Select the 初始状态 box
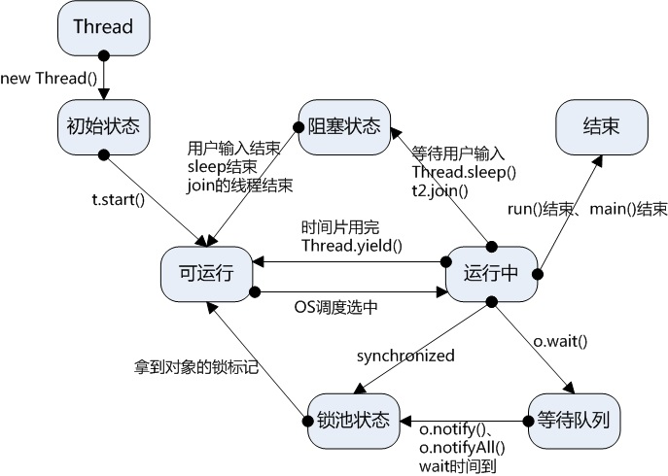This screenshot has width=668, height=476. click(x=102, y=125)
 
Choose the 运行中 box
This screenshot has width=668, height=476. click(x=491, y=273)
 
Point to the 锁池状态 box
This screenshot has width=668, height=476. click(x=352, y=420)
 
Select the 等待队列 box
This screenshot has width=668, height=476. click(x=574, y=420)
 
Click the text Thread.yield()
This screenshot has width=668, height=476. click(x=351, y=245)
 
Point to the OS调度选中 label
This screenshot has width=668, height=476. click(x=336, y=306)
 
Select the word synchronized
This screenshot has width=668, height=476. click(x=404, y=356)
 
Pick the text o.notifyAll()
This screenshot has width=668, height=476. click(x=461, y=448)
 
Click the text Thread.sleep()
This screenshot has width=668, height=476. click(x=464, y=172)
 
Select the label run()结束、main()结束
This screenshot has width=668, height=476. click(x=587, y=209)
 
